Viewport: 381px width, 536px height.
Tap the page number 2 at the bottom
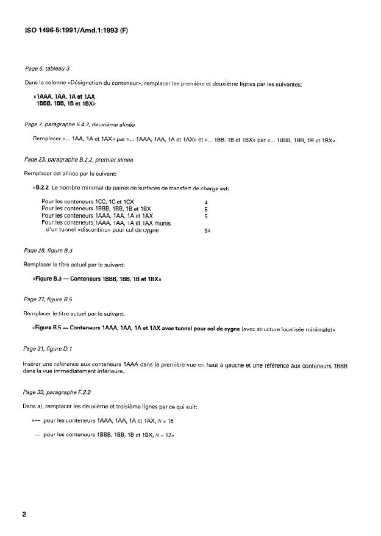pos(24,513)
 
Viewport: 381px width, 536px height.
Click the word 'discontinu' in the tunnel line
pos(95,231)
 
